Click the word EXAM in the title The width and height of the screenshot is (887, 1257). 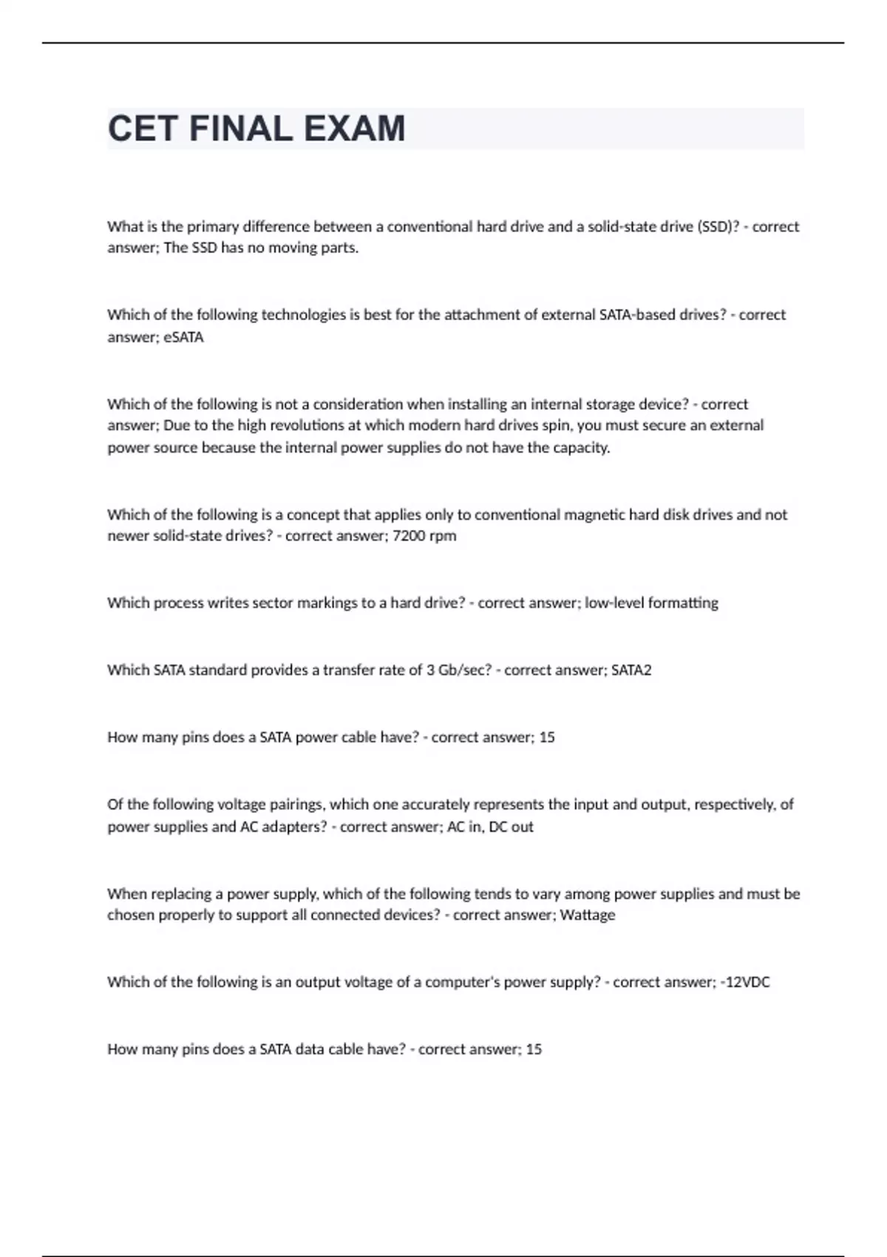tap(354, 129)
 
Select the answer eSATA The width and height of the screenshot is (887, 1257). tap(183, 337)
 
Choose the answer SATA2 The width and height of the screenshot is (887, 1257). tap(631, 670)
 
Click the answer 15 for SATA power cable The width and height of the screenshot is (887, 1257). tap(547, 737)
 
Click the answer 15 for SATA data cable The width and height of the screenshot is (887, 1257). tap(534, 1048)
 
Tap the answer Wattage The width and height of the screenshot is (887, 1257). tap(588, 915)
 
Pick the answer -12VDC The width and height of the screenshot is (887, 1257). tap(745, 982)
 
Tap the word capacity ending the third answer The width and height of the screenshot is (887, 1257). tap(583, 447)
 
